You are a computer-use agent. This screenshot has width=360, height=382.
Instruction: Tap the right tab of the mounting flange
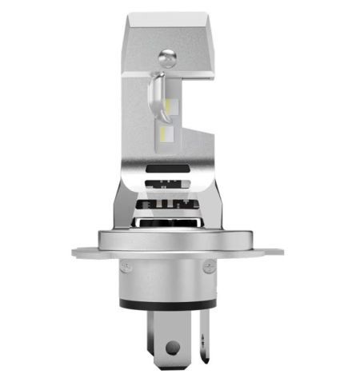(268, 253)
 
